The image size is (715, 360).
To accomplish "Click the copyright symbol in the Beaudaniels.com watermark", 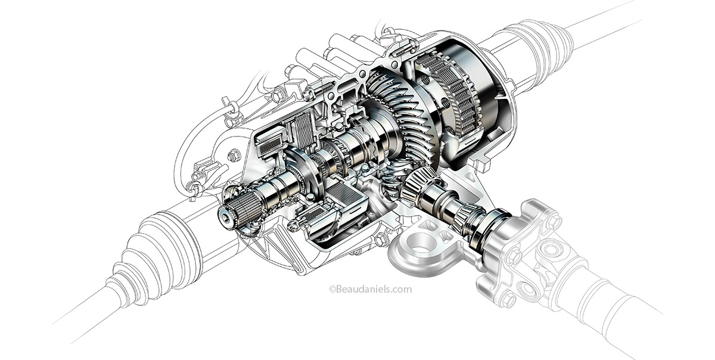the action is pos(332,290).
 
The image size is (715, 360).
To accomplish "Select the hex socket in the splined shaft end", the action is pos(226,219).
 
